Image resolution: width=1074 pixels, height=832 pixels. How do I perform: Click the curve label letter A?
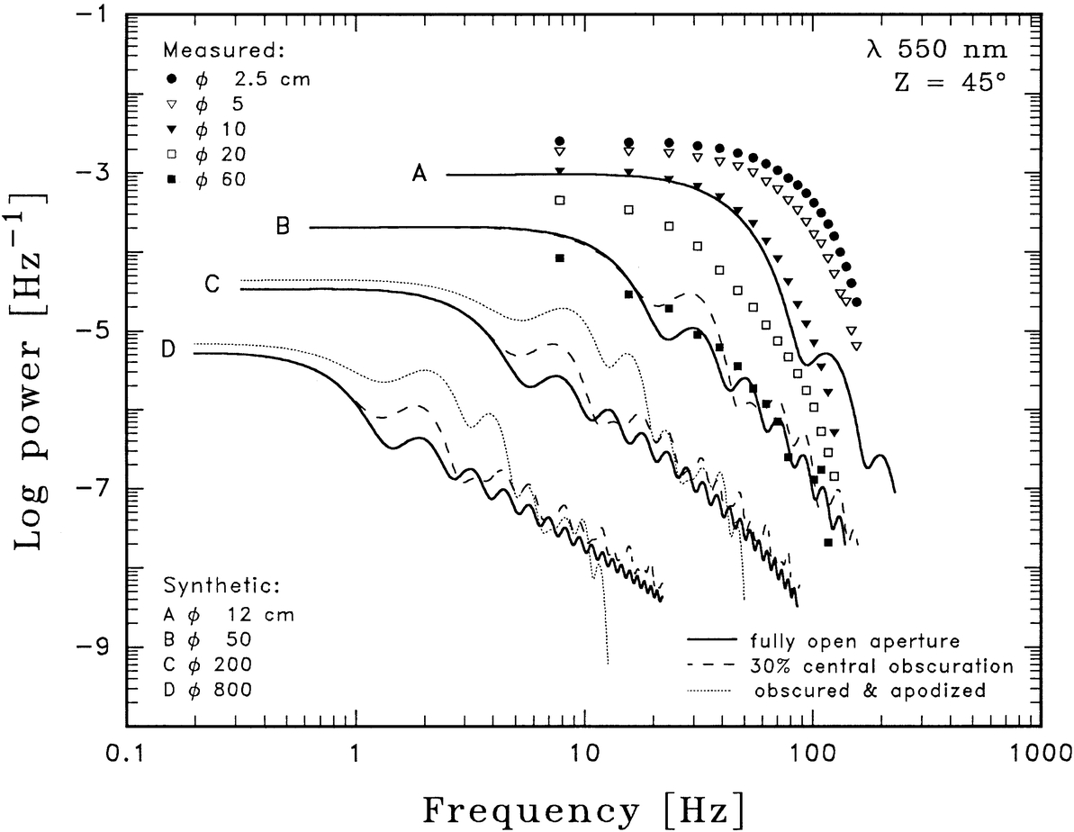(420, 176)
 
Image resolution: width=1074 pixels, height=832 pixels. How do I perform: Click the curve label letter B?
(282, 227)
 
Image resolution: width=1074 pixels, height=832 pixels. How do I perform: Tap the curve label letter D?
(167, 349)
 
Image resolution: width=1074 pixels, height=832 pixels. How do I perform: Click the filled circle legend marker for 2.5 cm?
(172, 78)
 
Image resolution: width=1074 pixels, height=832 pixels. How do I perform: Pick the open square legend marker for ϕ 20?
(172, 154)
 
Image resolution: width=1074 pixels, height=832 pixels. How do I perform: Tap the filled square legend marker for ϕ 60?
(172, 179)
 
